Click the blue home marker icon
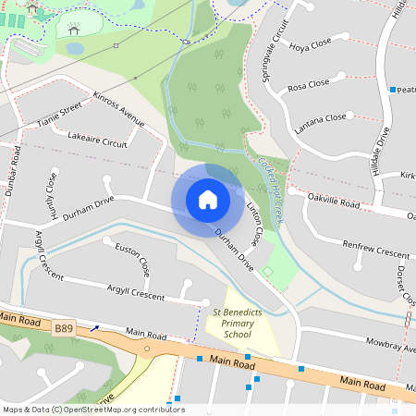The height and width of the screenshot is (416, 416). click(x=207, y=199)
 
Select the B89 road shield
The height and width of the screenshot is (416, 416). click(x=64, y=328)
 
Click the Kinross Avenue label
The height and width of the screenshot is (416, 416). click(x=119, y=107)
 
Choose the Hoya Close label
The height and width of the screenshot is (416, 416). click(x=309, y=47)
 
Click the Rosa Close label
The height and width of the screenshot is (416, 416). click(x=308, y=85)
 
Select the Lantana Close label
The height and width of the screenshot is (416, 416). click(x=321, y=118)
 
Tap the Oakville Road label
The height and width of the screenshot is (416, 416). click(x=333, y=199)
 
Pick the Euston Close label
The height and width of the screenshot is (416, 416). click(x=131, y=260)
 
